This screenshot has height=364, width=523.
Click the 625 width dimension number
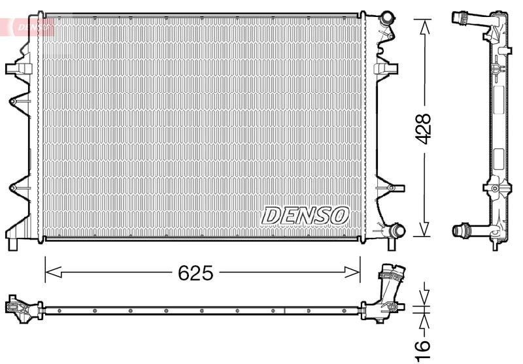pyautogui.click(x=195, y=273)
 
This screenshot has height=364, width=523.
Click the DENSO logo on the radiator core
pyautogui.click(x=305, y=216)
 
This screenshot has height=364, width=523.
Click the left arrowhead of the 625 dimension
pyautogui.click(x=54, y=273)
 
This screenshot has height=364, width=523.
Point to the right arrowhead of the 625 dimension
pyautogui.click(x=352, y=273)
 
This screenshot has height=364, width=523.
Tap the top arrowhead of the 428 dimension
pyautogui.click(x=424, y=27)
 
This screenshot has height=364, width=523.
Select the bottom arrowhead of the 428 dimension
pyautogui.click(x=424, y=229)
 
